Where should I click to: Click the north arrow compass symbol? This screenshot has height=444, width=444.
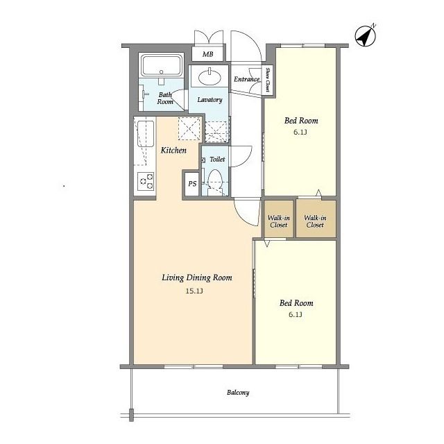(366, 36)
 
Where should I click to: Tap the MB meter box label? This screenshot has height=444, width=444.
(208, 54)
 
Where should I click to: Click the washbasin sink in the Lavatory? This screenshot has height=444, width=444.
(210, 76)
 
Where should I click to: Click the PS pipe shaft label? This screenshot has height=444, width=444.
(192, 184)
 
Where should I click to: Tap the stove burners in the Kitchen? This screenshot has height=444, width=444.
(146, 181)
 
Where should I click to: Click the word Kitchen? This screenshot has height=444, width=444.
(173, 150)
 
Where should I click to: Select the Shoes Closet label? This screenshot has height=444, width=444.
(267, 80)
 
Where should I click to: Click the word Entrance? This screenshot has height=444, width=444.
(247, 79)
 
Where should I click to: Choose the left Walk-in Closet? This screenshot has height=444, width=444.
(279, 219)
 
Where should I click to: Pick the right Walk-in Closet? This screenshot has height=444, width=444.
(316, 219)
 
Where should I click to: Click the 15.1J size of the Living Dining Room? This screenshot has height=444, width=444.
(194, 291)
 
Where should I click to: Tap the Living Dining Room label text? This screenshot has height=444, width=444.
(197, 277)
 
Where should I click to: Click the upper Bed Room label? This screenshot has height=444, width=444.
(301, 121)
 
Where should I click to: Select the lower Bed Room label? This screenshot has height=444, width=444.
(296, 303)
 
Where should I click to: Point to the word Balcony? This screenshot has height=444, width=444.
(238, 393)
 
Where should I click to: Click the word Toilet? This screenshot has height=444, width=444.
(217, 159)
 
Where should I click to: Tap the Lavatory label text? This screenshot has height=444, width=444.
(210, 100)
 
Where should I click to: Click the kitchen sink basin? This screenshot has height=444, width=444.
(146, 134)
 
